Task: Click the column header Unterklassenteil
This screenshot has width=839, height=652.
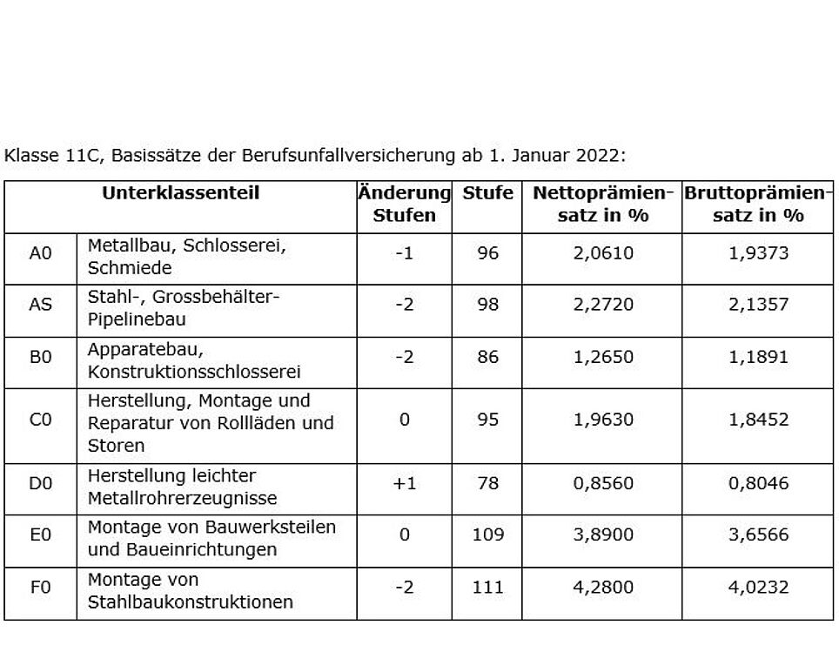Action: (180, 192)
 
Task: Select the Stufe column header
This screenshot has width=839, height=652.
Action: (487, 192)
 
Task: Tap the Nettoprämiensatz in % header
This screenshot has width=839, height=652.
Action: (602, 204)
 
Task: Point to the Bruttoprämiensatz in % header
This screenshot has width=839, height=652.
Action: (758, 204)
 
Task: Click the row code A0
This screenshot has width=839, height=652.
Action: (41, 252)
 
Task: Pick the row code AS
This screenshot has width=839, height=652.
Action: (41, 304)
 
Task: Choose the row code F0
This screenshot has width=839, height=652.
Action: (41, 588)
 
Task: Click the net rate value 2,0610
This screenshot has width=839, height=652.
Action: (603, 252)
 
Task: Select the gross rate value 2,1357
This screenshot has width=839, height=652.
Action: (758, 304)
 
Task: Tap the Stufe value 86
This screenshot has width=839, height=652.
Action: (487, 357)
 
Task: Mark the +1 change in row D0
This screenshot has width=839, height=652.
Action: (404, 483)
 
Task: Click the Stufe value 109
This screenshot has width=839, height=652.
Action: (487, 534)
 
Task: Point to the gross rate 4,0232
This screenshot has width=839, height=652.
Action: (758, 588)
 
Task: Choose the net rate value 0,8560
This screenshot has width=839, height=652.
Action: (603, 483)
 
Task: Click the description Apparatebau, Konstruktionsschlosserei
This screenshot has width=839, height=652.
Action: (194, 360)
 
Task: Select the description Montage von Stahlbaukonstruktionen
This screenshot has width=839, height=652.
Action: (191, 590)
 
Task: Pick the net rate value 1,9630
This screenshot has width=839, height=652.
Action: (603, 420)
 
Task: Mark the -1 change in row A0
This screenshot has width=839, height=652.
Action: (404, 252)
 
